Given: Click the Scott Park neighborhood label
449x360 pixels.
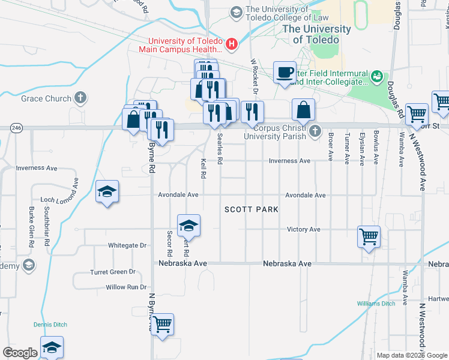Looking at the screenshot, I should [252, 209].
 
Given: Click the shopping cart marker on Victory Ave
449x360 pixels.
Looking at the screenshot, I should [369, 235].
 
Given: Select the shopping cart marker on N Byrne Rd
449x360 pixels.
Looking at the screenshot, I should [162, 325].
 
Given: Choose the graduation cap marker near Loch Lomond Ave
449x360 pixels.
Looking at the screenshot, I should [107, 191].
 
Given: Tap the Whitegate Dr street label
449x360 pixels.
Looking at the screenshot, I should [127, 245].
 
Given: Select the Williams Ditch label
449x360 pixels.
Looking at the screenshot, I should [376, 304].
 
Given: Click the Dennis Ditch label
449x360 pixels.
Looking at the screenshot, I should [49, 325].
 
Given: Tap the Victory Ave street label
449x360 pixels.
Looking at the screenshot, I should [304, 229].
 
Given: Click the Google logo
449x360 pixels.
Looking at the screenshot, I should [20, 353].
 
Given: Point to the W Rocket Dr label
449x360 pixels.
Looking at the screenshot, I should [254, 76].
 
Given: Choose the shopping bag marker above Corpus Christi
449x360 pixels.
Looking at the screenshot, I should [304, 110].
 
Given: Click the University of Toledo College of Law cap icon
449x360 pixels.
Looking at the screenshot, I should [237, 13].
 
